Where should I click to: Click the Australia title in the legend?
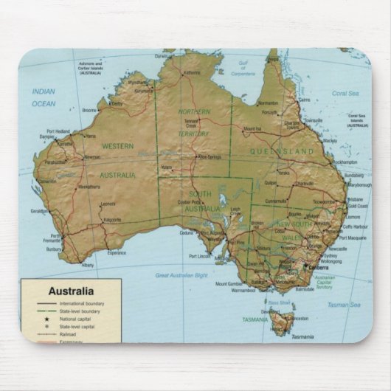71,291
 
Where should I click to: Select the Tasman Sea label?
345,304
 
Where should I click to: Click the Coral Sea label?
345,94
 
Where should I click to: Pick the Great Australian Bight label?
181,275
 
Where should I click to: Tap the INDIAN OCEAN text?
44,97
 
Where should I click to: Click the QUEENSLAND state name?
282,151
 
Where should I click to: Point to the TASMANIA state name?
256,319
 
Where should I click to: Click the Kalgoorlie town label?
113,219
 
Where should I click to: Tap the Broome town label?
89,110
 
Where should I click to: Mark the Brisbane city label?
356,199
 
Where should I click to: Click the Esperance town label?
117,252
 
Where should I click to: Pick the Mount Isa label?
252,128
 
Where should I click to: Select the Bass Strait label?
280,302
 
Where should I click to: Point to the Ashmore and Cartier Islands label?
91,68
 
